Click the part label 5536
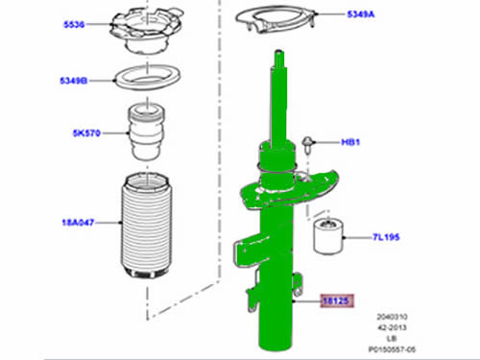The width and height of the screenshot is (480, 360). click(x=74, y=25)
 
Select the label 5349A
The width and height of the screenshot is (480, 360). click(x=361, y=14)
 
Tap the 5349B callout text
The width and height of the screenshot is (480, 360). click(x=74, y=81)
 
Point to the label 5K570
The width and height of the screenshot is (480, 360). click(x=86, y=133)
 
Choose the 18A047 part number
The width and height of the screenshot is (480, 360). click(x=78, y=223)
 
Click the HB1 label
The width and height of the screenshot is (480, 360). click(x=350, y=142)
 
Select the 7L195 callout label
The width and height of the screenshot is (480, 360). click(x=386, y=237)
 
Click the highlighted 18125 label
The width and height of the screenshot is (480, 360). click(x=337, y=300)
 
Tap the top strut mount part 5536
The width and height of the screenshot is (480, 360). click(x=147, y=31)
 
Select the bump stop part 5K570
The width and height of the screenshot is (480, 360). click(x=147, y=132)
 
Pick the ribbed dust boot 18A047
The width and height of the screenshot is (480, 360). click(x=147, y=226)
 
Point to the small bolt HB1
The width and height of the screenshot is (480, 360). click(x=308, y=145)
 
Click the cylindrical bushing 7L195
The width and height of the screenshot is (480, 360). click(x=328, y=235)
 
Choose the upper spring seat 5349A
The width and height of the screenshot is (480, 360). click(x=276, y=18)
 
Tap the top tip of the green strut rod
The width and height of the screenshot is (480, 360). click(x=278, y=51)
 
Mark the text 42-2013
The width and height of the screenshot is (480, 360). click(x=392, y=327)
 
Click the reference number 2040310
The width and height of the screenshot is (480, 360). click(x=392, y=317)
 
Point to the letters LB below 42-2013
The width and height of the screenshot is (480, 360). click(x=392, y=339)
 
